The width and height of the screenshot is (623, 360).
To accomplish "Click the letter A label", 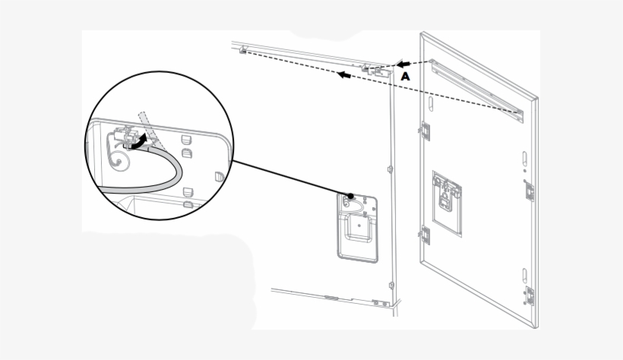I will tap(406, 77).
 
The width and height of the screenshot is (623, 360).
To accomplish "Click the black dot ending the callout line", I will tap(350, 195).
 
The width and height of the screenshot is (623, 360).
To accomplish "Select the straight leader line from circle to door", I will tap(289, 178).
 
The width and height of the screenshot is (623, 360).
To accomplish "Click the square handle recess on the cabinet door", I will tap(356, 227).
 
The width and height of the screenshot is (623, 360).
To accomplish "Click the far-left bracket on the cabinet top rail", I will tap(242, 50).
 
